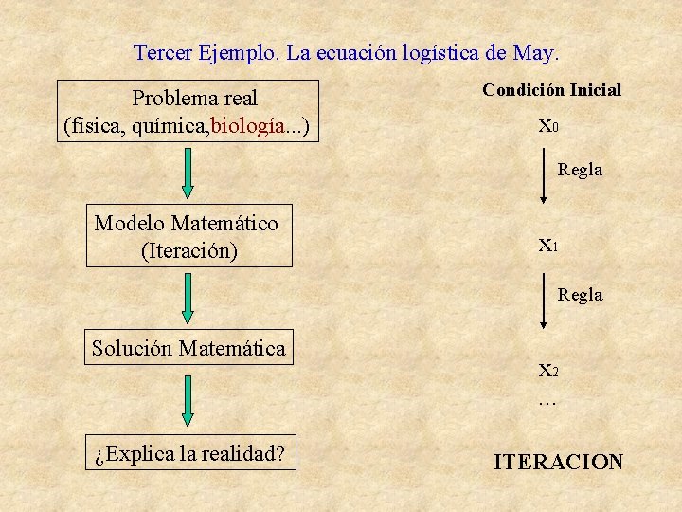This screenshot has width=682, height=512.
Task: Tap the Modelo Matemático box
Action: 188,235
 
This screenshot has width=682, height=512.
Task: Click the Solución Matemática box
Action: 188,348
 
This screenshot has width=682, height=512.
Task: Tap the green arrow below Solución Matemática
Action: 188,399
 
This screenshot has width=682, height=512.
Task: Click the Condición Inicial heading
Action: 551,90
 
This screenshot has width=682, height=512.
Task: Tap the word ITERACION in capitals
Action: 559,462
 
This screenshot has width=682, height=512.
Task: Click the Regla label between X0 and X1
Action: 580,170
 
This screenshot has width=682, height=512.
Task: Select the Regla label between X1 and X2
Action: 580,295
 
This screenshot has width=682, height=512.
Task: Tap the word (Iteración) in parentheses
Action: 188,251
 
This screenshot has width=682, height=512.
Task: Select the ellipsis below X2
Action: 547,402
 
